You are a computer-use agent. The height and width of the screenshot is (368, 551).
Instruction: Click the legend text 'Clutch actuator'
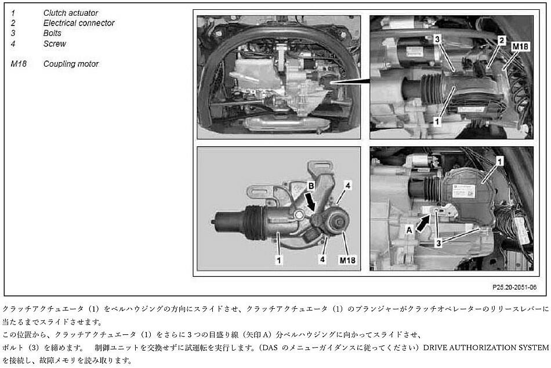[x=71, y=13]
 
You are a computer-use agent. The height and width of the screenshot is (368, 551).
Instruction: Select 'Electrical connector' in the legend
[x=79, y=23]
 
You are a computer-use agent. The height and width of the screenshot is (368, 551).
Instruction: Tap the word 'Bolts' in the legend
[x=52, y=34]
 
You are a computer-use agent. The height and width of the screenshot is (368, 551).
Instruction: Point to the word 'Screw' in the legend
[x=55, y=44]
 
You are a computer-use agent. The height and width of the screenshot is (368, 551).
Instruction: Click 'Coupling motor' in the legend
[x=71, y=64]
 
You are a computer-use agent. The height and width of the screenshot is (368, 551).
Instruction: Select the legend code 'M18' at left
[x=19, y=64]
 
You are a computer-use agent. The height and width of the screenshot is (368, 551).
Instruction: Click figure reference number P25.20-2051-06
[x=514, y=287]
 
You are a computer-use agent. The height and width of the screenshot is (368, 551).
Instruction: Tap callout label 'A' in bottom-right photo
[x=409, y=230]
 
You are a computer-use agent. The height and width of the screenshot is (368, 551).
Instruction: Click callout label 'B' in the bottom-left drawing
[x=311, y=186]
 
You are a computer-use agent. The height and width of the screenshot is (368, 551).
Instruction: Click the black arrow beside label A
[x=423, y=223]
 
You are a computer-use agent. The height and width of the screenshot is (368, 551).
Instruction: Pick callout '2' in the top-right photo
[x=502, y=41]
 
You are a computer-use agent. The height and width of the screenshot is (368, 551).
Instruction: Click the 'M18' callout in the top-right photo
[x=520, y=46]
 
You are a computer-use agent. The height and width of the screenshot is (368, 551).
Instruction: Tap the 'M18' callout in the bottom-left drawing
[x=347, y=260]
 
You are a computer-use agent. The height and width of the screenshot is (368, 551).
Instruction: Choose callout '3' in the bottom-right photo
[x=438, y=243]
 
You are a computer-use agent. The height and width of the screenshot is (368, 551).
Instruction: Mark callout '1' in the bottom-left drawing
[x=278, y=260]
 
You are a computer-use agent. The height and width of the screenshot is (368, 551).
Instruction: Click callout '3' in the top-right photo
[x=437, y=39]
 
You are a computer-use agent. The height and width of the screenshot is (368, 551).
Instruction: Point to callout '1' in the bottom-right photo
[x=499, y=161]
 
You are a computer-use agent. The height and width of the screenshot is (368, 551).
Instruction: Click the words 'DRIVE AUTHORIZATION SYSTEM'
[x=486, y=348]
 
